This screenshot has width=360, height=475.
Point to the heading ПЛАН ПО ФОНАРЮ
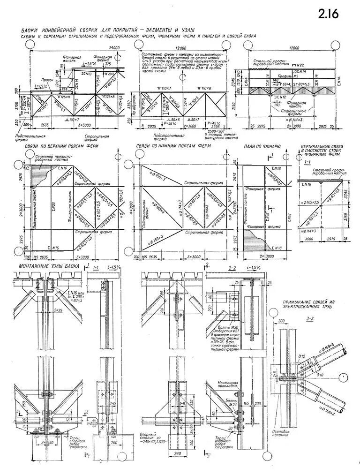point(262,147)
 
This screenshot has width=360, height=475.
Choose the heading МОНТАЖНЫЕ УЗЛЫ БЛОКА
point(49,266)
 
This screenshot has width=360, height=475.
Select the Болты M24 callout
point(226,400)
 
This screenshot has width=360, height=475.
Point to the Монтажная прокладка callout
point(228,385)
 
